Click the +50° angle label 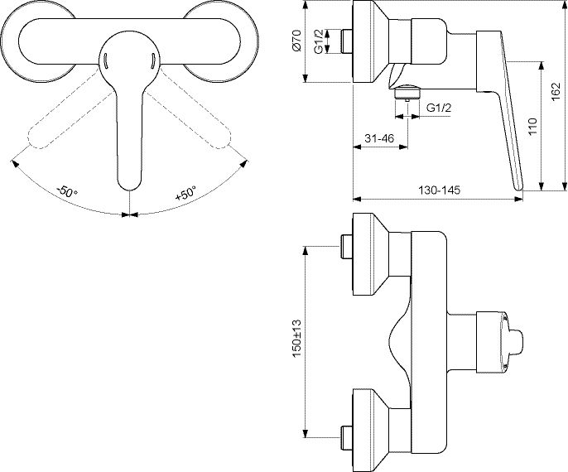pyautogui.click(x=185, y=193)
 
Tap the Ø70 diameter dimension pyautogui.click(x=297, y=40)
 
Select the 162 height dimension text pyautogui.click(x=556, y=93)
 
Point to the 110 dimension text pyautogui.click(x=532, y=127)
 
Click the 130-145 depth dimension pyautogui.click(x=440, y=190)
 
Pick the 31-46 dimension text pyautogui.click(x=379, y=138)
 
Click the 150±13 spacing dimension pyautogui.click(x=297, y=338)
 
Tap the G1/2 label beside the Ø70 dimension pyautogui.click(x=319, y=41)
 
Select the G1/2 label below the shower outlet pyautogui.click(x=439, y=108)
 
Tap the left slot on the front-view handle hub pyautogui.click(x=105, y=60)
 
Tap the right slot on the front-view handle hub pyautogui.click(x=152, y=60)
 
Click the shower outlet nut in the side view pyautogui.click(x=408, y=92)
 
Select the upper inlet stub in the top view pyautogui.click(x=347, y=246)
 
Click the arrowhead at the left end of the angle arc pyautogui.click(x=15, y=164)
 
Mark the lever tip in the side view pyautogui.click(x=519, y=187)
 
